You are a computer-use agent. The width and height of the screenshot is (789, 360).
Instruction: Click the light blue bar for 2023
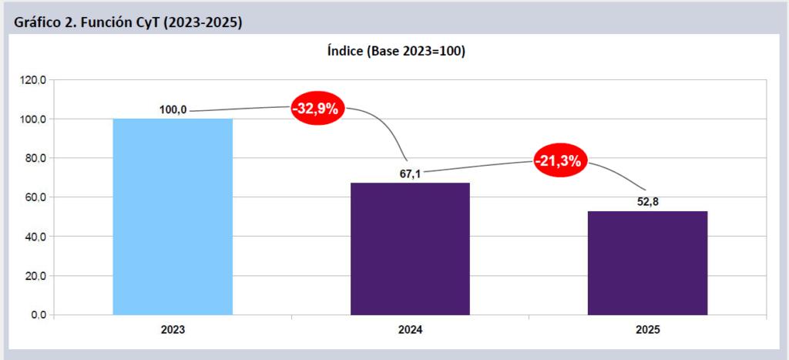[173, 217]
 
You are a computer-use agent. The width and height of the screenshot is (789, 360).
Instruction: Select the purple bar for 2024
[410, 248]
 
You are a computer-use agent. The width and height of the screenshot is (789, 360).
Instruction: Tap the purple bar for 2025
[647, 263]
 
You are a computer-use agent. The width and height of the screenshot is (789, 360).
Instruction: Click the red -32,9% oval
[317, 109]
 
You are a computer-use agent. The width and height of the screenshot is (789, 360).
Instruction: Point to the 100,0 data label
[173, 110]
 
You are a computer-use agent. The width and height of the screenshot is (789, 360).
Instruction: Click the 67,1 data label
[410, 174]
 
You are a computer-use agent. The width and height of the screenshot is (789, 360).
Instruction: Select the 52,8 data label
[647, 202]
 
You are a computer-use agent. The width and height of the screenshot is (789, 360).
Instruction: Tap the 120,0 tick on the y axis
[35, 80]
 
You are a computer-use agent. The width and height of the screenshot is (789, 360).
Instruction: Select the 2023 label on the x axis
[173, 330]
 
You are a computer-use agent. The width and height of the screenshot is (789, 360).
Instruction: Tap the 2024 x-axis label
[410, 330]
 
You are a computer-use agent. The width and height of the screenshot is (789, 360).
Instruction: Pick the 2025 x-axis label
[647, 330]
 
